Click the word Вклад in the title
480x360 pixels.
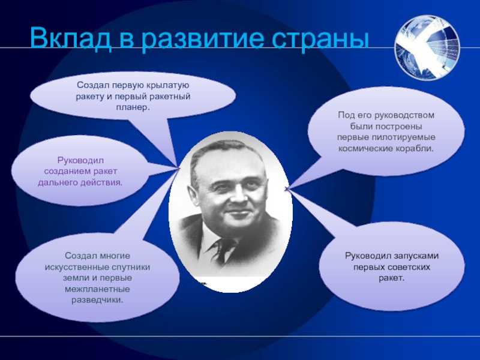click(x=70, y=38)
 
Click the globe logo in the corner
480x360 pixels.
click(x=427, y=48)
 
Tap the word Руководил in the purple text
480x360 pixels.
click(x=80, y=160)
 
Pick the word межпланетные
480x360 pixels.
click(x=97, y=289)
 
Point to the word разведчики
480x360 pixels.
click(x=97, y=301)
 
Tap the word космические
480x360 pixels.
click(x=361, y=149)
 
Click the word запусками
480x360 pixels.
click(x=416, y=256)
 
